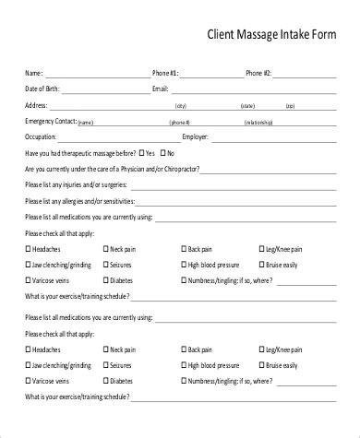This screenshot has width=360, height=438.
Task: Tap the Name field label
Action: click(x=32, y=73)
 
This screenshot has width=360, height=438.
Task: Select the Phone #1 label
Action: click(x=166, y=73)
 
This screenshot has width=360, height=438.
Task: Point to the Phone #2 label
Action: click(x=258, y=73)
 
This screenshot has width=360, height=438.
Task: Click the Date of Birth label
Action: click(x=43, y=89)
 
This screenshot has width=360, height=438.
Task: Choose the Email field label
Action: click(x=162, y=89)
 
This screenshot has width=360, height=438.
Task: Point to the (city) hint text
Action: click(x=180, y=107)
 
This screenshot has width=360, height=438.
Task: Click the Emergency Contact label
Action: click(x=51, y=121)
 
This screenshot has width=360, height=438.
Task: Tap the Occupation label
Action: click(x=42, y=136)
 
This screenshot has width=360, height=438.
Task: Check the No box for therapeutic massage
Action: click(x=163, y=152)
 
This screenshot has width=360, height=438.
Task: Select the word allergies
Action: click(x=76, y=200)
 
